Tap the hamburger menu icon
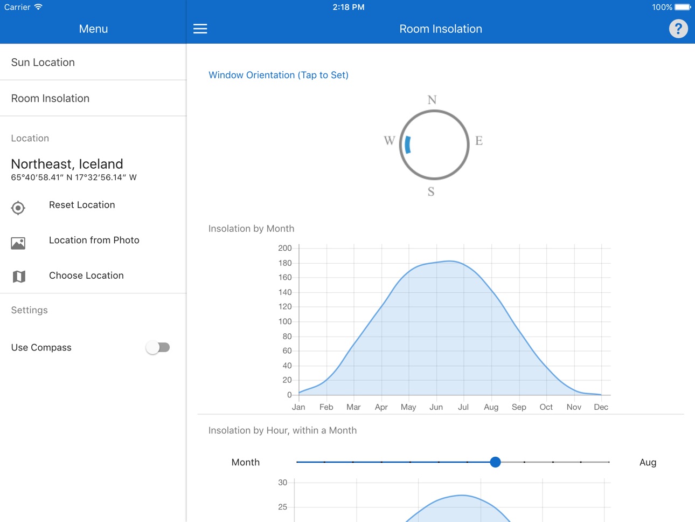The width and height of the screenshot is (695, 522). (x=200, y=29)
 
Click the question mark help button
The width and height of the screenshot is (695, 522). (x=678, y=29)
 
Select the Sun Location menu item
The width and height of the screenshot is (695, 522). (x=43, y=63)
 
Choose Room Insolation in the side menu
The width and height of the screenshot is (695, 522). (x=50, y=99)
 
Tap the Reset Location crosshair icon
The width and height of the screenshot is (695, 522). (x=18, y=208)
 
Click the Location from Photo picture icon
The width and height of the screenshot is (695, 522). (x=18, y=243)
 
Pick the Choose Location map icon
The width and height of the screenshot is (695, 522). (x=19, y=277)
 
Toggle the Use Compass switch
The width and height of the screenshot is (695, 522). (x=158, y=347)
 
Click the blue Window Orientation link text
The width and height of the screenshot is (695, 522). (x=279, y=75)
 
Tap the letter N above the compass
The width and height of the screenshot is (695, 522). (x=432, y=100)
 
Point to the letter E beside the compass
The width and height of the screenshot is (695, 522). (x=479, y=141)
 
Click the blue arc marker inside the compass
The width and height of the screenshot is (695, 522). (x=407, y=145)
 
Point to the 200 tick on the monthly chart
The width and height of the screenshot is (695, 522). (x=284, y=248)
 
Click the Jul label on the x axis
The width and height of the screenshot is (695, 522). (x=463, y=407)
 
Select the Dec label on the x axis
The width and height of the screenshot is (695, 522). (x=601, y=407)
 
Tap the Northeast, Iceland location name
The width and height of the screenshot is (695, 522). (x=67, y=164)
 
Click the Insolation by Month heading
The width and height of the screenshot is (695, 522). (x=251, y=229)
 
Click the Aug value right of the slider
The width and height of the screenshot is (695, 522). (x=648, y=463)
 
